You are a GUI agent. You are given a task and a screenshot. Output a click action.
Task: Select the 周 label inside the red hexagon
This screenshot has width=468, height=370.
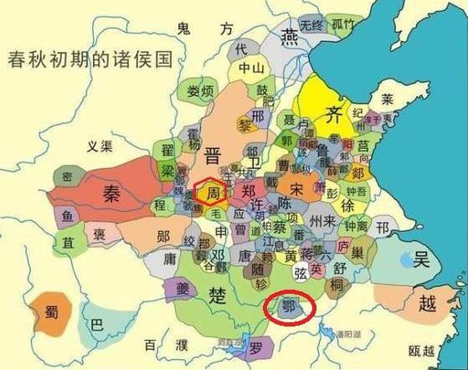(213, 193)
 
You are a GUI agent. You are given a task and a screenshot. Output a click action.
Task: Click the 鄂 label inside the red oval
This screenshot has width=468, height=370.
(291, 307)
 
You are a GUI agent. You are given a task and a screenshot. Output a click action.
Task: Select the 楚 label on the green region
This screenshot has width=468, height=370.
(219, 295)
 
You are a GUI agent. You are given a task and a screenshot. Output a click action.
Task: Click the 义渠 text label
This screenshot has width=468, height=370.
(100, 147)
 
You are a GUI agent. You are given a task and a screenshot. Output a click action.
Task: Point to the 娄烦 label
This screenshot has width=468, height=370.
(199, 90)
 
